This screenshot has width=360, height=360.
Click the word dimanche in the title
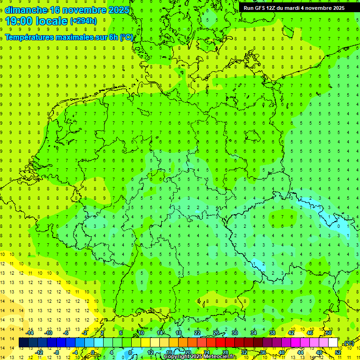25,10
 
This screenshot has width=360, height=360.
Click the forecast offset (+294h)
83,21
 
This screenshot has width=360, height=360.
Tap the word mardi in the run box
302,7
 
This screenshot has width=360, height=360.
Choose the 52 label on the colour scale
338,352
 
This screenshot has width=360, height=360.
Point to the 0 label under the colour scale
93,352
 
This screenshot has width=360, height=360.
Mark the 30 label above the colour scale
234,333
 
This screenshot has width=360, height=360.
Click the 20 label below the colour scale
187,352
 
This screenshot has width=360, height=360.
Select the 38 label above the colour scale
272,333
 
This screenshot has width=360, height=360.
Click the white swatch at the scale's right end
333,343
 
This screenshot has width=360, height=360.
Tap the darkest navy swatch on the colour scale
23,343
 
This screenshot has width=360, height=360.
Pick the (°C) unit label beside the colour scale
349,344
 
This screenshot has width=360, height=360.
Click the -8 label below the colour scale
57,352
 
